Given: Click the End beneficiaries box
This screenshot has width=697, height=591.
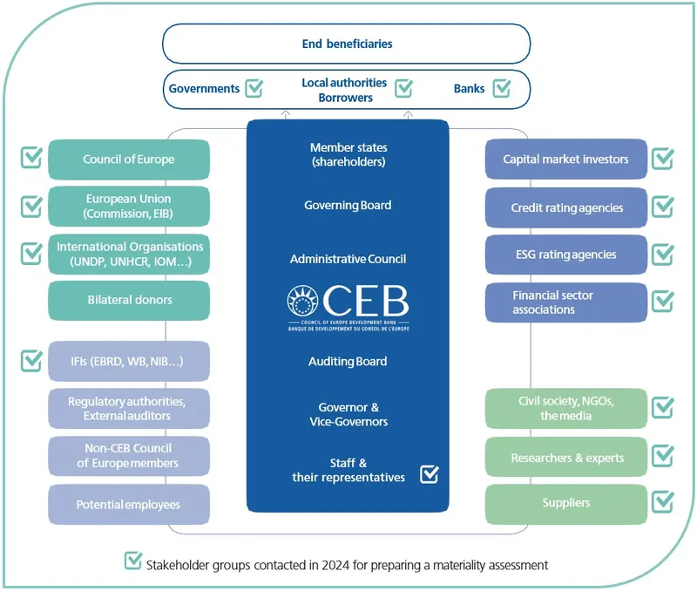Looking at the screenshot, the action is click(346, 44).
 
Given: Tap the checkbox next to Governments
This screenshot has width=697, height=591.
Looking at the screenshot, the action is click(254, 88).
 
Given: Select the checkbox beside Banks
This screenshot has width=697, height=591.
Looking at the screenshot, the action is click(502, 88).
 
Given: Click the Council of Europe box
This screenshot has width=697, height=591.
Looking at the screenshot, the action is click(129, 160).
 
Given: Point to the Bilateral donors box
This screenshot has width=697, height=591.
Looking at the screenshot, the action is click(129, 300).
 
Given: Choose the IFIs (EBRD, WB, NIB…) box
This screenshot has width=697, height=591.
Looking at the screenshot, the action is click(129, 361).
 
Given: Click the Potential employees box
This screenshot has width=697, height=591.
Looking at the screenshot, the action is click(129, 505).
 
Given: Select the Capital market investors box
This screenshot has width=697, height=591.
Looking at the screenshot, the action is click(565, 160).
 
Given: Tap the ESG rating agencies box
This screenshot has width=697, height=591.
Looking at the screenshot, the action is click(565, 255).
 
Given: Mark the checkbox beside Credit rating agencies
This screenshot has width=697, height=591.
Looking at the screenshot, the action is click(663, 207).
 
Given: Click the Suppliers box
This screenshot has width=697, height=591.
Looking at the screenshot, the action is click(565, 504).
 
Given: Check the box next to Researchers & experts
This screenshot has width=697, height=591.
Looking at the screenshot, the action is click(663, 456).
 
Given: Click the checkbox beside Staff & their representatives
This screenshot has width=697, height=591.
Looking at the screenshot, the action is click(430, 474).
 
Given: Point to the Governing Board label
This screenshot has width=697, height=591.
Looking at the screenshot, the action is click(348, 205).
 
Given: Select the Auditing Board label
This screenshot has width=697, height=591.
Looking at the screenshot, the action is click(348, 361).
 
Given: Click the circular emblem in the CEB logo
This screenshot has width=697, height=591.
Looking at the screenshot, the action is click(302, 300).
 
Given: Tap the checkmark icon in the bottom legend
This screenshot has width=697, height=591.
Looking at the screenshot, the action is click(133, 560).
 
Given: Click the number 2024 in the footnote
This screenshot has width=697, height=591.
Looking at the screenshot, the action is click(335, 565).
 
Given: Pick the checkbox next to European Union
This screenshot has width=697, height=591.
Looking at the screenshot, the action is click(32, 207).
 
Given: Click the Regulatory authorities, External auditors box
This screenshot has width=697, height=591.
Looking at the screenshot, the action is click(129, 409).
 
